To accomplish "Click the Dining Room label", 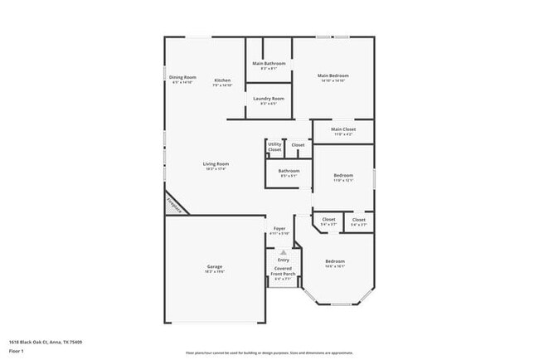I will [182, 77].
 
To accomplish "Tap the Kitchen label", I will [222, 80].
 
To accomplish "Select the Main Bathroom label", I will [269, 64].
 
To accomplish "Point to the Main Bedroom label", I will [333, 75].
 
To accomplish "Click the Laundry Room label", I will [269, 99].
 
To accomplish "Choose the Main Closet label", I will [342, 129].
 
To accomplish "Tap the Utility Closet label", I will [274, 147].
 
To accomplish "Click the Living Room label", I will [216, 164].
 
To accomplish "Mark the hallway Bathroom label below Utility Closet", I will [289, 171].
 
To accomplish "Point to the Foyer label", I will [279, 229].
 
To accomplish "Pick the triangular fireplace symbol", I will [174, 203].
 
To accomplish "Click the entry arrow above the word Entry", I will [283, 252].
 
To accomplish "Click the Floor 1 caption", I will [17, 351].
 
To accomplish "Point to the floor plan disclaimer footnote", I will [269, 353].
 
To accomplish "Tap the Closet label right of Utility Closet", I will [298, 145].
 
